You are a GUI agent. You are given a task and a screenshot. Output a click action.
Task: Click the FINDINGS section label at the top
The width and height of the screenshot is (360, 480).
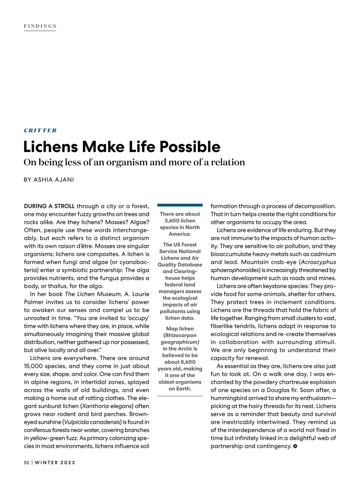click(40, 26)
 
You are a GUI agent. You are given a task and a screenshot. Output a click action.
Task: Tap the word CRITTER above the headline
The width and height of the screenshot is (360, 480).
click(40, 130)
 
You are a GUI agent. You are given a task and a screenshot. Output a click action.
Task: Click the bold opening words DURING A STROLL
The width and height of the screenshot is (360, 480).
click(49, 206)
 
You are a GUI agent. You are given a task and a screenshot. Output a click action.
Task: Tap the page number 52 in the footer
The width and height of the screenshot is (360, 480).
click(27, 463)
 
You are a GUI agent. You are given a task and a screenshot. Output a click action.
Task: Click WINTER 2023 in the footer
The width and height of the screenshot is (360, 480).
click(55, 463)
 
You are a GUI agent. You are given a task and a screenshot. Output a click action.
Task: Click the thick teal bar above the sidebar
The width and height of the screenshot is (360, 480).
click(180, 205)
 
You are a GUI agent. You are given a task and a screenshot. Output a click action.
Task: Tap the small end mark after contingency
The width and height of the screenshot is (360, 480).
click(295, 446)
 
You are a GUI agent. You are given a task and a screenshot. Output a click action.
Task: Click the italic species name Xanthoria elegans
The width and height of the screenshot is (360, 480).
click(106, 406)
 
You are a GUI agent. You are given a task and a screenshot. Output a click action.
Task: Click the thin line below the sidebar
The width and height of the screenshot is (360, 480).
click(180, 396)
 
